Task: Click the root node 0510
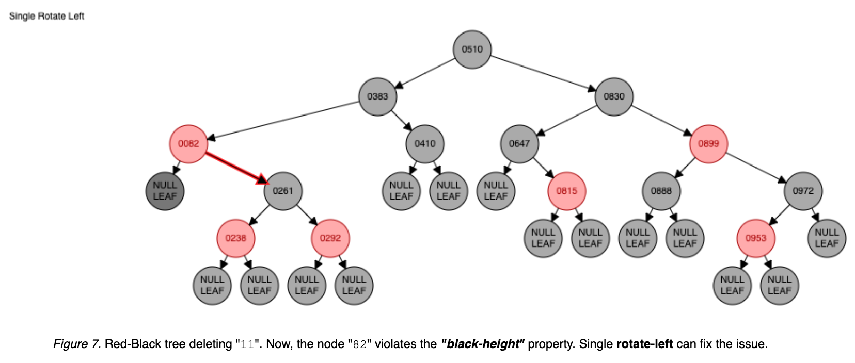point(472,49)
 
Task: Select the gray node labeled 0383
point(377,96)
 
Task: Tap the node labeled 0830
point(614,96)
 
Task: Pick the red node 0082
point(188,144)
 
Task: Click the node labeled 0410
point(424,144)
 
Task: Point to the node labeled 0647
point(519,144)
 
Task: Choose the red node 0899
point(708,144)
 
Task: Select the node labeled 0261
point(283,191)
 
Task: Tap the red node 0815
point(566,191)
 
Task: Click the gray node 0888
point(661,191)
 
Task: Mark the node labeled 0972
point(803,191)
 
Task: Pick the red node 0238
point(235,238)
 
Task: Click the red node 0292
point(330,238)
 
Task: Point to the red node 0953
point(755,238)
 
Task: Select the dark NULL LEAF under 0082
point(165,191)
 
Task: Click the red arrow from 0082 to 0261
point(236,168)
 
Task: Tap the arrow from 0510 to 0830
point(542,73)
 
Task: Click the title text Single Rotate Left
point(46,16)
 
